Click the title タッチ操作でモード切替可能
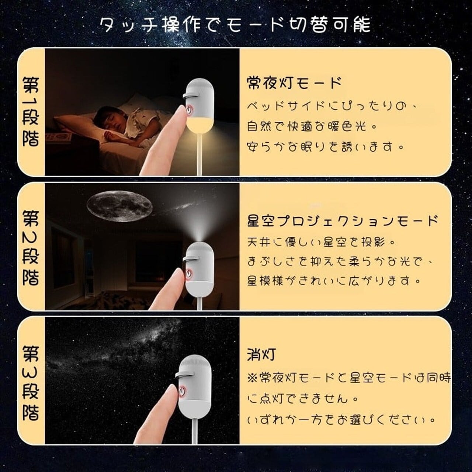[235, 24]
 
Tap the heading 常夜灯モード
[294, 83]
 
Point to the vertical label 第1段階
[31, 112]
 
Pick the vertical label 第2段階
[31, 248]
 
